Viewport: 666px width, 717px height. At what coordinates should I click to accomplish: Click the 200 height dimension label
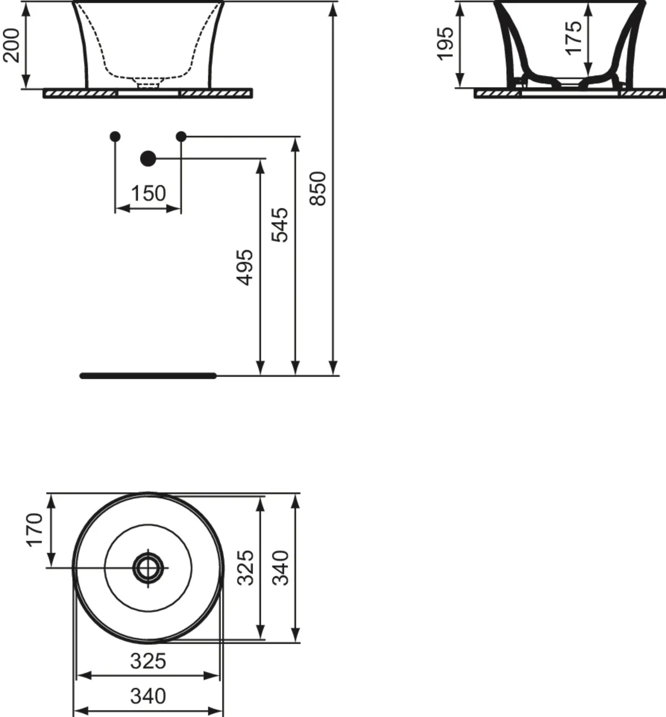[x=11, y=46]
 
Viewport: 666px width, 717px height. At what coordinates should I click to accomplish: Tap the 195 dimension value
[x=445, y=44]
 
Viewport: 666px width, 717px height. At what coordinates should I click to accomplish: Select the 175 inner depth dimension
[x=574, y=38]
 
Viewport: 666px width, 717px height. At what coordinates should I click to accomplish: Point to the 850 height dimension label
[x=318, y=189]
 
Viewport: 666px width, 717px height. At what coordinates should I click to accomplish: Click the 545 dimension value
[x=280, y=225]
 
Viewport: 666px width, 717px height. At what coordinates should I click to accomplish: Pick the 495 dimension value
[x=245, y=268]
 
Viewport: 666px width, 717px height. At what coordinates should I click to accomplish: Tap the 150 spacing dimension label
[x=148, y=193]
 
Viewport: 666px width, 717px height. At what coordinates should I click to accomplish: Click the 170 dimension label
[x=35, y=530]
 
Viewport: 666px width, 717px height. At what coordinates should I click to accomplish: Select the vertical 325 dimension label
[x=245, y=568]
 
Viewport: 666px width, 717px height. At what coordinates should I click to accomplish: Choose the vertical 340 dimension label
[x=280, y=568]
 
